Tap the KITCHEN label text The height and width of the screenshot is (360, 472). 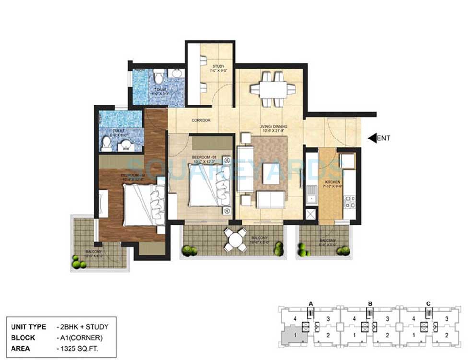click(x=332, y=182)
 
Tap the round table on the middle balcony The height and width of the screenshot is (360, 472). click(x=235, y=238)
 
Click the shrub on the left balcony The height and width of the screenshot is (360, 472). click(x=76, y=261)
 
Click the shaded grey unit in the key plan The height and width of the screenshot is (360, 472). click(x=293, y=333)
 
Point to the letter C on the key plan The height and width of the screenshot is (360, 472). click(x=429, y=303)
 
